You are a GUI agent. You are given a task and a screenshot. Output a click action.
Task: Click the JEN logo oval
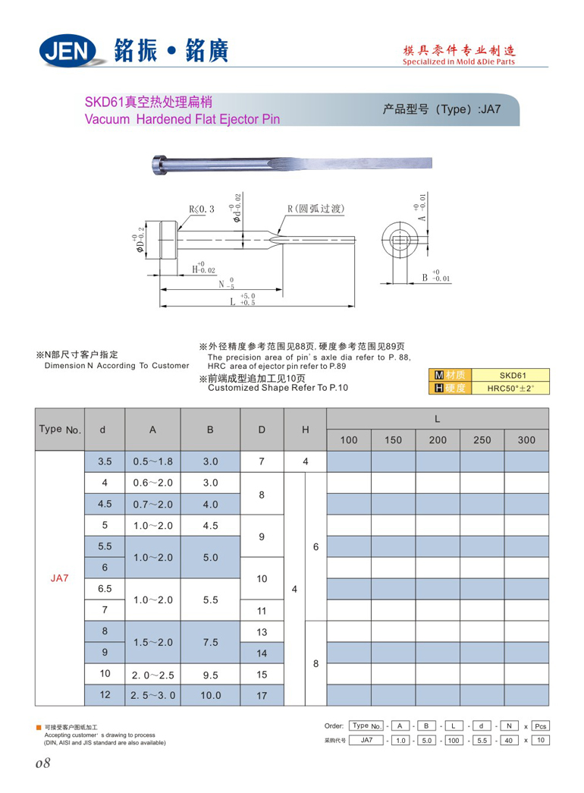[68, 51]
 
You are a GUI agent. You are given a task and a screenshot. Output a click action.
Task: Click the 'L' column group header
[438, 419]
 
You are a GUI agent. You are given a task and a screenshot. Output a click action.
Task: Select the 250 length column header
[482, 440]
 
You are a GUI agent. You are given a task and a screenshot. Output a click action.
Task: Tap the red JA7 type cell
[60, 578]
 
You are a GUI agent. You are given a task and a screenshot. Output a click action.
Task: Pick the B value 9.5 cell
[210, 674]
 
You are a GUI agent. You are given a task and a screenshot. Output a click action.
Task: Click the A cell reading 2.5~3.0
[152, 695]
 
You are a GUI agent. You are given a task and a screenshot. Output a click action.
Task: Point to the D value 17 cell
[262, 695]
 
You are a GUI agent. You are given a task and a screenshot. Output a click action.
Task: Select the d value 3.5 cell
[105, 461]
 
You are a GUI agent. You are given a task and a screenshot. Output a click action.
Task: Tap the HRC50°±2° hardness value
[513, 389]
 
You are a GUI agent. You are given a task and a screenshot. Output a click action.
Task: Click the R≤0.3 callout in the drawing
[201, 209]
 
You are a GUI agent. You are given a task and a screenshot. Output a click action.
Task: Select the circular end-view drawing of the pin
[399, 241]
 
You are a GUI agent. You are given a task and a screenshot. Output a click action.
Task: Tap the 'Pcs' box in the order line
[540, 726]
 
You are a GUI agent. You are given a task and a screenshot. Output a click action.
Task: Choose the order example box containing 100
[454, 740]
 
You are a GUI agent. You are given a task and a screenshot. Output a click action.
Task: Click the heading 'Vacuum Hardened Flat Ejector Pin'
[182, 119]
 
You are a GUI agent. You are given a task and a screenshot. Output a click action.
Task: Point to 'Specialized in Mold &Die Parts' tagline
[459, 61]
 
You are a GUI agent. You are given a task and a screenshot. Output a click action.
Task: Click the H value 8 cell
[316, 663]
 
